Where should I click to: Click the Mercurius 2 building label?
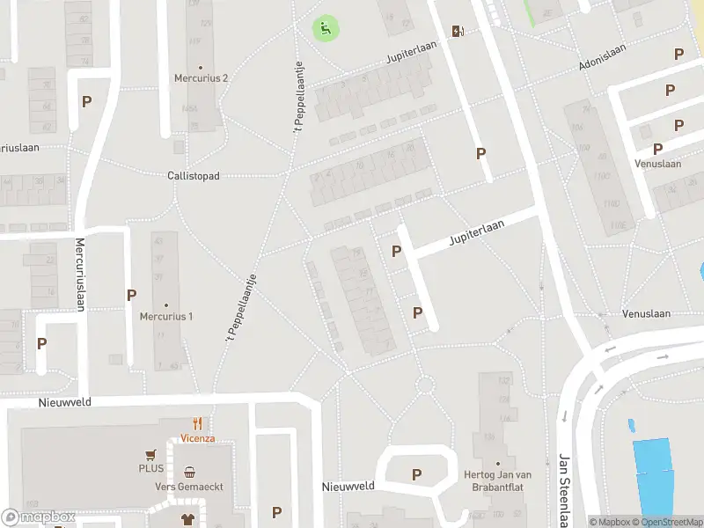tap(201, 77)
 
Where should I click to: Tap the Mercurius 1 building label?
tap(165, 316)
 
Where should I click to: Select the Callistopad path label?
tap(193, 176)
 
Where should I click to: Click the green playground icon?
tap(326, 28)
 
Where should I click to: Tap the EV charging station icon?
tap(458, 32)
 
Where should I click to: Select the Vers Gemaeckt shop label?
tap(190, 487)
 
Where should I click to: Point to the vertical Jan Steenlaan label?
tap(564, 488)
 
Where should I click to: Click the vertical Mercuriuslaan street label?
tap(79, 275)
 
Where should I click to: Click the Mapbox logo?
tap(39, 517)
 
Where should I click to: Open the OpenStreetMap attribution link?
tap(672, 522)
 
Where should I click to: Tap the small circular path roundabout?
tap(425, 385)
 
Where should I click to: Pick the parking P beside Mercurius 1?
tap(131, 295)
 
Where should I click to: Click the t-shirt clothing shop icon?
tap(187, 519)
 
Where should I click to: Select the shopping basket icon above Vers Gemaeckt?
tap(189, 472)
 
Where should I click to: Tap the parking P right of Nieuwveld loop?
tap(416, 474)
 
